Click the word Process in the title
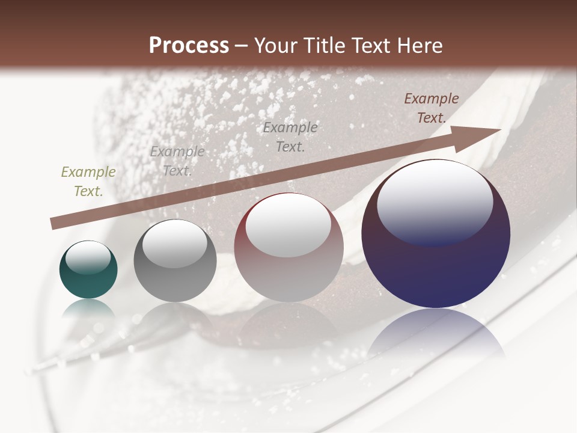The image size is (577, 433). point(189,46)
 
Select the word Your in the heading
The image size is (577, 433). point(275,46)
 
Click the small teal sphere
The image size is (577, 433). point(88,270)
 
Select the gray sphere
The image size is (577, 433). point(175,260)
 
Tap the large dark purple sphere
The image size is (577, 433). point(436,234)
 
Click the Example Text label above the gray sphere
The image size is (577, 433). point(177,161)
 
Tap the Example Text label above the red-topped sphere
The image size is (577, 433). point(290,137)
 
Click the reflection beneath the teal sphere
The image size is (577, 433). point(88,310)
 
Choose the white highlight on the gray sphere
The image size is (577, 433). point(174,242)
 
